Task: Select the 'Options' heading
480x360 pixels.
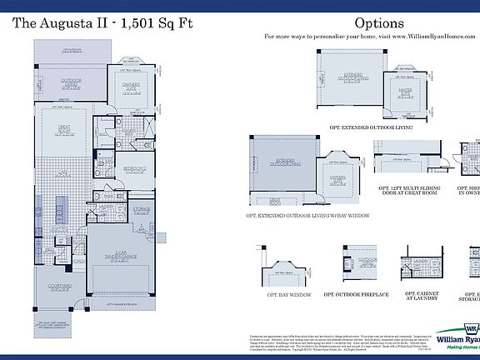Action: coord(378,23)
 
